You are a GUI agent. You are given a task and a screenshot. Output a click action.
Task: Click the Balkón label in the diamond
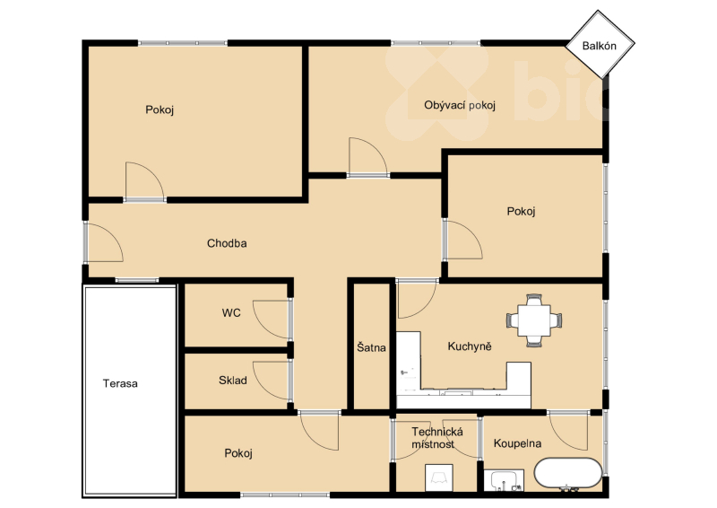point(599,46)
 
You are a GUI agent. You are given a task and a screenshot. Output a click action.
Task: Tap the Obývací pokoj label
point(460,105)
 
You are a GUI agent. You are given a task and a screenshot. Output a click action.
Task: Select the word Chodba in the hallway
point(227,243)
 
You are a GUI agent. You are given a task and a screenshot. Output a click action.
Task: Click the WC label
point(231,313)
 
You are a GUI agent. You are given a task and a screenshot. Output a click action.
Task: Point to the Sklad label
point(233,381)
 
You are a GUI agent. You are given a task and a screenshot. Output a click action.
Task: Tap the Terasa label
point(120,383)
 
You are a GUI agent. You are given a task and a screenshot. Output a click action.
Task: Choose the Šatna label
point(371,347)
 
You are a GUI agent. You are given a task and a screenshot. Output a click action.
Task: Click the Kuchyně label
point(470,346)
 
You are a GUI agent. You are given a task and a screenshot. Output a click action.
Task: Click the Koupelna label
point(518,443)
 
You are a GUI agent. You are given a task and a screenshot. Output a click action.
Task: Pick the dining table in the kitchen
point(534,320)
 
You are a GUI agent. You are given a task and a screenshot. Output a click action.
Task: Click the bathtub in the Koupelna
point(568,474)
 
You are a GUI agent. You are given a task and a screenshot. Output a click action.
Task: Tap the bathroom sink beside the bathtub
point(504,480)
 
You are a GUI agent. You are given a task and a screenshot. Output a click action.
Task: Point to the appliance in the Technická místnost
point(439,478)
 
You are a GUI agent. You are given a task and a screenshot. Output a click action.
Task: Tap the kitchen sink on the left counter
point(407,372)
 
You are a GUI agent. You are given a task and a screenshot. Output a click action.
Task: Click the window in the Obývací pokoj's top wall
point(436,43)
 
